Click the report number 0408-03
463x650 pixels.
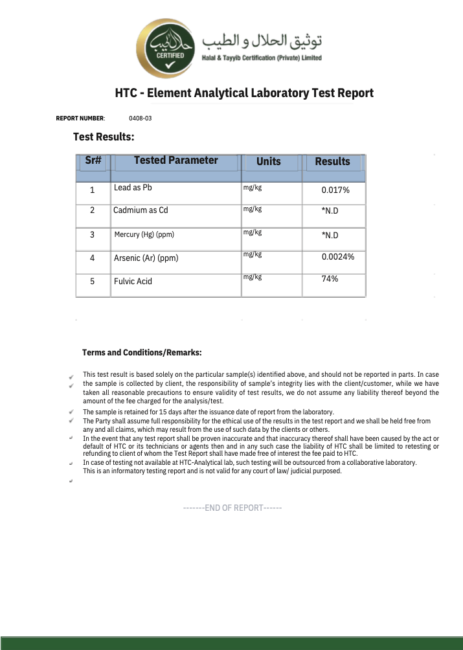[x=140, y=118]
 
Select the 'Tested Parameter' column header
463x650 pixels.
[x=175, y=161]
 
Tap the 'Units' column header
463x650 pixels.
[x=269, y=161]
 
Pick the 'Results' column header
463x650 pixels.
[x=332, y=162]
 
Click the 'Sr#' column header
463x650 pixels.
[x=93, y=160]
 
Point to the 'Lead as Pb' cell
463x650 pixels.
[x=133, y=188]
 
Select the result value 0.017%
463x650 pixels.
[x=335, y=190]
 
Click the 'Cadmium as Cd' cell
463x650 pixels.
[x=141, y=210]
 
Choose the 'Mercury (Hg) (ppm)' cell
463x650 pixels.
[x=144, y=234]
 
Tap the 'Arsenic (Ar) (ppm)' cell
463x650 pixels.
[x=146, y=258]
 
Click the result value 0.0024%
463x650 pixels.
[x=338, y=257]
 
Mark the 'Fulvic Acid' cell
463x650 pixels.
[x=133, y=282]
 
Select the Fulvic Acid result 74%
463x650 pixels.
[x=330, y=279]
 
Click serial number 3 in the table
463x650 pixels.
[x=92, y=235]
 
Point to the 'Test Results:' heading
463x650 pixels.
[x=104, y=137]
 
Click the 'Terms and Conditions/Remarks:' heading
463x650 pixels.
[x=142, y=353]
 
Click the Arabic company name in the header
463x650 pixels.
[x=262, y=41]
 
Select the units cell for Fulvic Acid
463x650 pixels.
[x=253, y=277]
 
